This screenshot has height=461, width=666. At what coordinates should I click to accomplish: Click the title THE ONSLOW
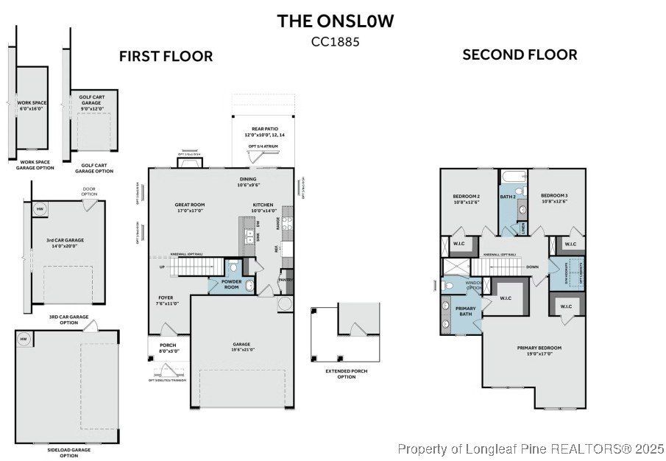[x=335, y=21]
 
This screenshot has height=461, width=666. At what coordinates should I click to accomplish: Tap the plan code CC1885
[x=335, y=42]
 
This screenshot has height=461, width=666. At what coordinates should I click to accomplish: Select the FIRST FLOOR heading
[x=166, y=56]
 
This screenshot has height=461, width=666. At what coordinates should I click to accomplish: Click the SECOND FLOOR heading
[x=520, y=54]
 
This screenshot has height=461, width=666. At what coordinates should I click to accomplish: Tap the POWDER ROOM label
[x=224, y=285]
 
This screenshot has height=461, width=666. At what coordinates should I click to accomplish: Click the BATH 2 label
[x=507, y=197]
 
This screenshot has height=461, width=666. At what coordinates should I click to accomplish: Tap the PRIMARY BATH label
[x=465, y=312]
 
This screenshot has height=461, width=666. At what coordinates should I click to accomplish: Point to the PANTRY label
[x=286, y=280]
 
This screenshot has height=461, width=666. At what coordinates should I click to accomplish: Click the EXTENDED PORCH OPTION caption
[x=346, y=373]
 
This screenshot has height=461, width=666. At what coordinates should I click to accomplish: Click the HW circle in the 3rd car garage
[x=39, y=208]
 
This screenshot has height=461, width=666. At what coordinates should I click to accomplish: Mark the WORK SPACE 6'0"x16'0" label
[x=31, y=105]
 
